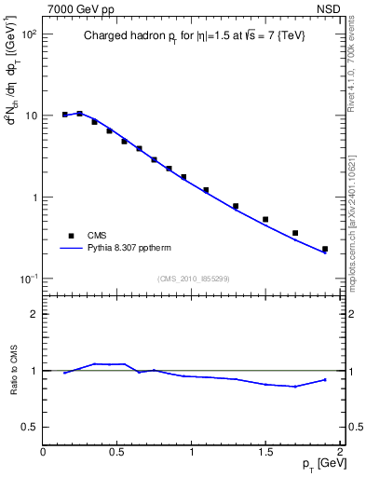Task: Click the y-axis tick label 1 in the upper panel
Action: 34,198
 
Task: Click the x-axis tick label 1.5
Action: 265,451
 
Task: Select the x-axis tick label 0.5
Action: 117,451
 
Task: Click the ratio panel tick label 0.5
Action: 30,427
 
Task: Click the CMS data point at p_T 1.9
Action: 324,250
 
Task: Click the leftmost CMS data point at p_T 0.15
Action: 64,115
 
